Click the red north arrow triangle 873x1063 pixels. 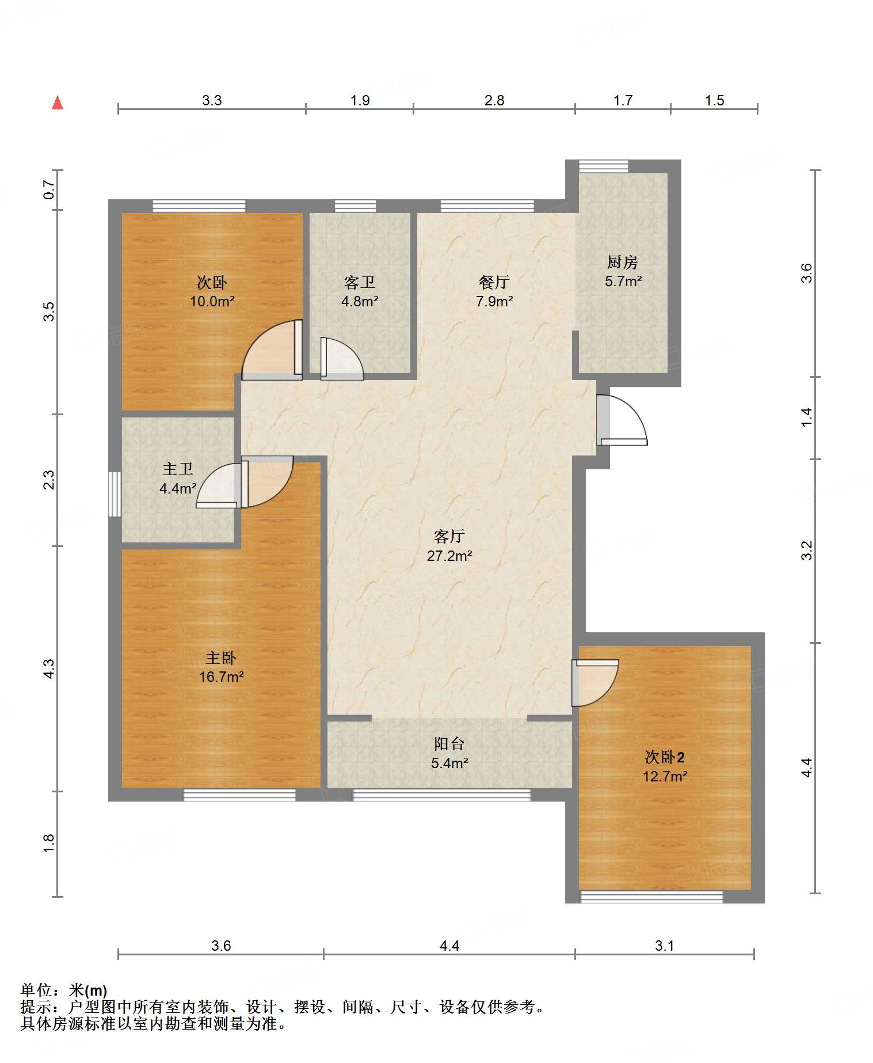58,102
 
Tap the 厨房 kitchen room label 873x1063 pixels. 623,263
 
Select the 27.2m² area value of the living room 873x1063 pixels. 449,556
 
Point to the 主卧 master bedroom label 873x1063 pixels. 221,658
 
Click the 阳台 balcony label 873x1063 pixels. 449,744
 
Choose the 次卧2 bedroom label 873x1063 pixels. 665,757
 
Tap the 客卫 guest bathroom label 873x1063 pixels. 360,282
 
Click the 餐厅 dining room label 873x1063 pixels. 494,282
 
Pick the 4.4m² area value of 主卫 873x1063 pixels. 178,489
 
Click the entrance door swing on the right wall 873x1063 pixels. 622,419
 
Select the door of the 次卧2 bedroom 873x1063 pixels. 595,683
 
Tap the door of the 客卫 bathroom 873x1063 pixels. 342,359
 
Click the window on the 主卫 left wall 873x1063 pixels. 115,494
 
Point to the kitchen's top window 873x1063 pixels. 604,166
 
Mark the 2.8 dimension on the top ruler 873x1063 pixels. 494,101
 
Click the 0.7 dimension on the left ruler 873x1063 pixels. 49,190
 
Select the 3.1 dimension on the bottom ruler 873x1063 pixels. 664,946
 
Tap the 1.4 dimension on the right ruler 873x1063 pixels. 807,417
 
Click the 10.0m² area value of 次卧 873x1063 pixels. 212,301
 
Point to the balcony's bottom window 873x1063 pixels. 441,795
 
